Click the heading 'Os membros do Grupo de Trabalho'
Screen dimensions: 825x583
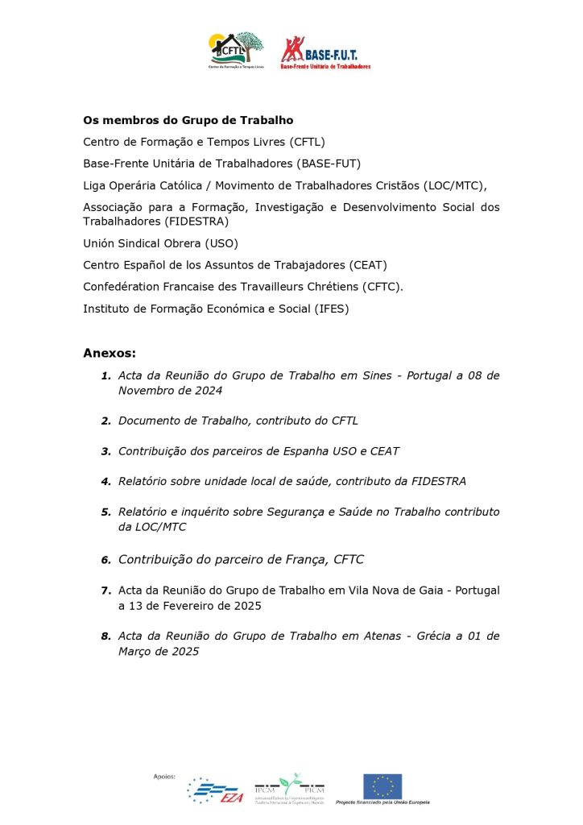(188, 120)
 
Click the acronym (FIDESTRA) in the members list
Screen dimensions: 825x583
(196, 221)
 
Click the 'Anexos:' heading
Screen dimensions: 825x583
(110, 353)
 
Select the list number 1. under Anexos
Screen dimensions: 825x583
(105, 376)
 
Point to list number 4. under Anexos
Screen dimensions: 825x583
(105, 482)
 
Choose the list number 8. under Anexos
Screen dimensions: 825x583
(105, 636)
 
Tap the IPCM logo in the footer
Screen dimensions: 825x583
(289, 786)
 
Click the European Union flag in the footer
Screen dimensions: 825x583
(382, 786)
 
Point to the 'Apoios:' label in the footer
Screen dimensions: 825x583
(163, 775)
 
